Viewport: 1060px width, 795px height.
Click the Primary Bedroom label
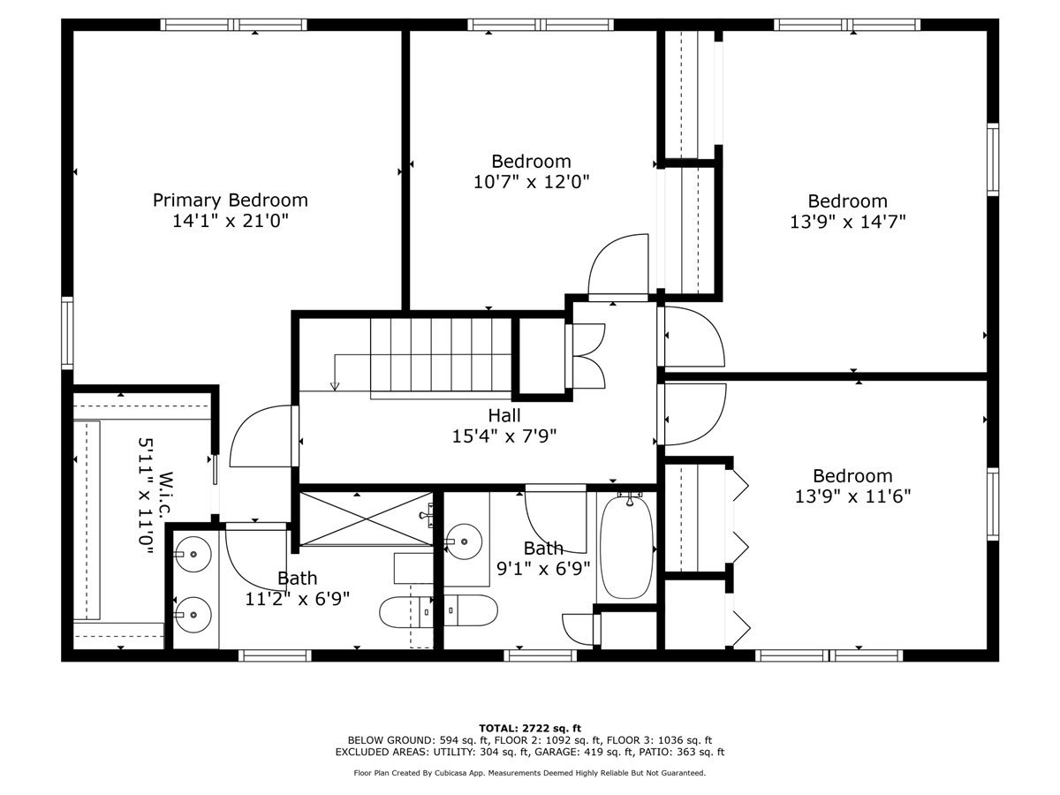(231, 200)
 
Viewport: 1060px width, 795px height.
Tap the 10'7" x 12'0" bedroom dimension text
(531, 182)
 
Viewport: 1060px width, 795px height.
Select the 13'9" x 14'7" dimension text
(847, 222)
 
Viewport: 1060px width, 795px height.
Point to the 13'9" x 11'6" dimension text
(852, 496)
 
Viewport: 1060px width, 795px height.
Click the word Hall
(503, 415)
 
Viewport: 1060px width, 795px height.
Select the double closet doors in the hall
(586, 356)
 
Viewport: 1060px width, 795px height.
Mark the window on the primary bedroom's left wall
(67, 332)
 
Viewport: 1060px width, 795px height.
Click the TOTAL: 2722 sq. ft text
(530, 727)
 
